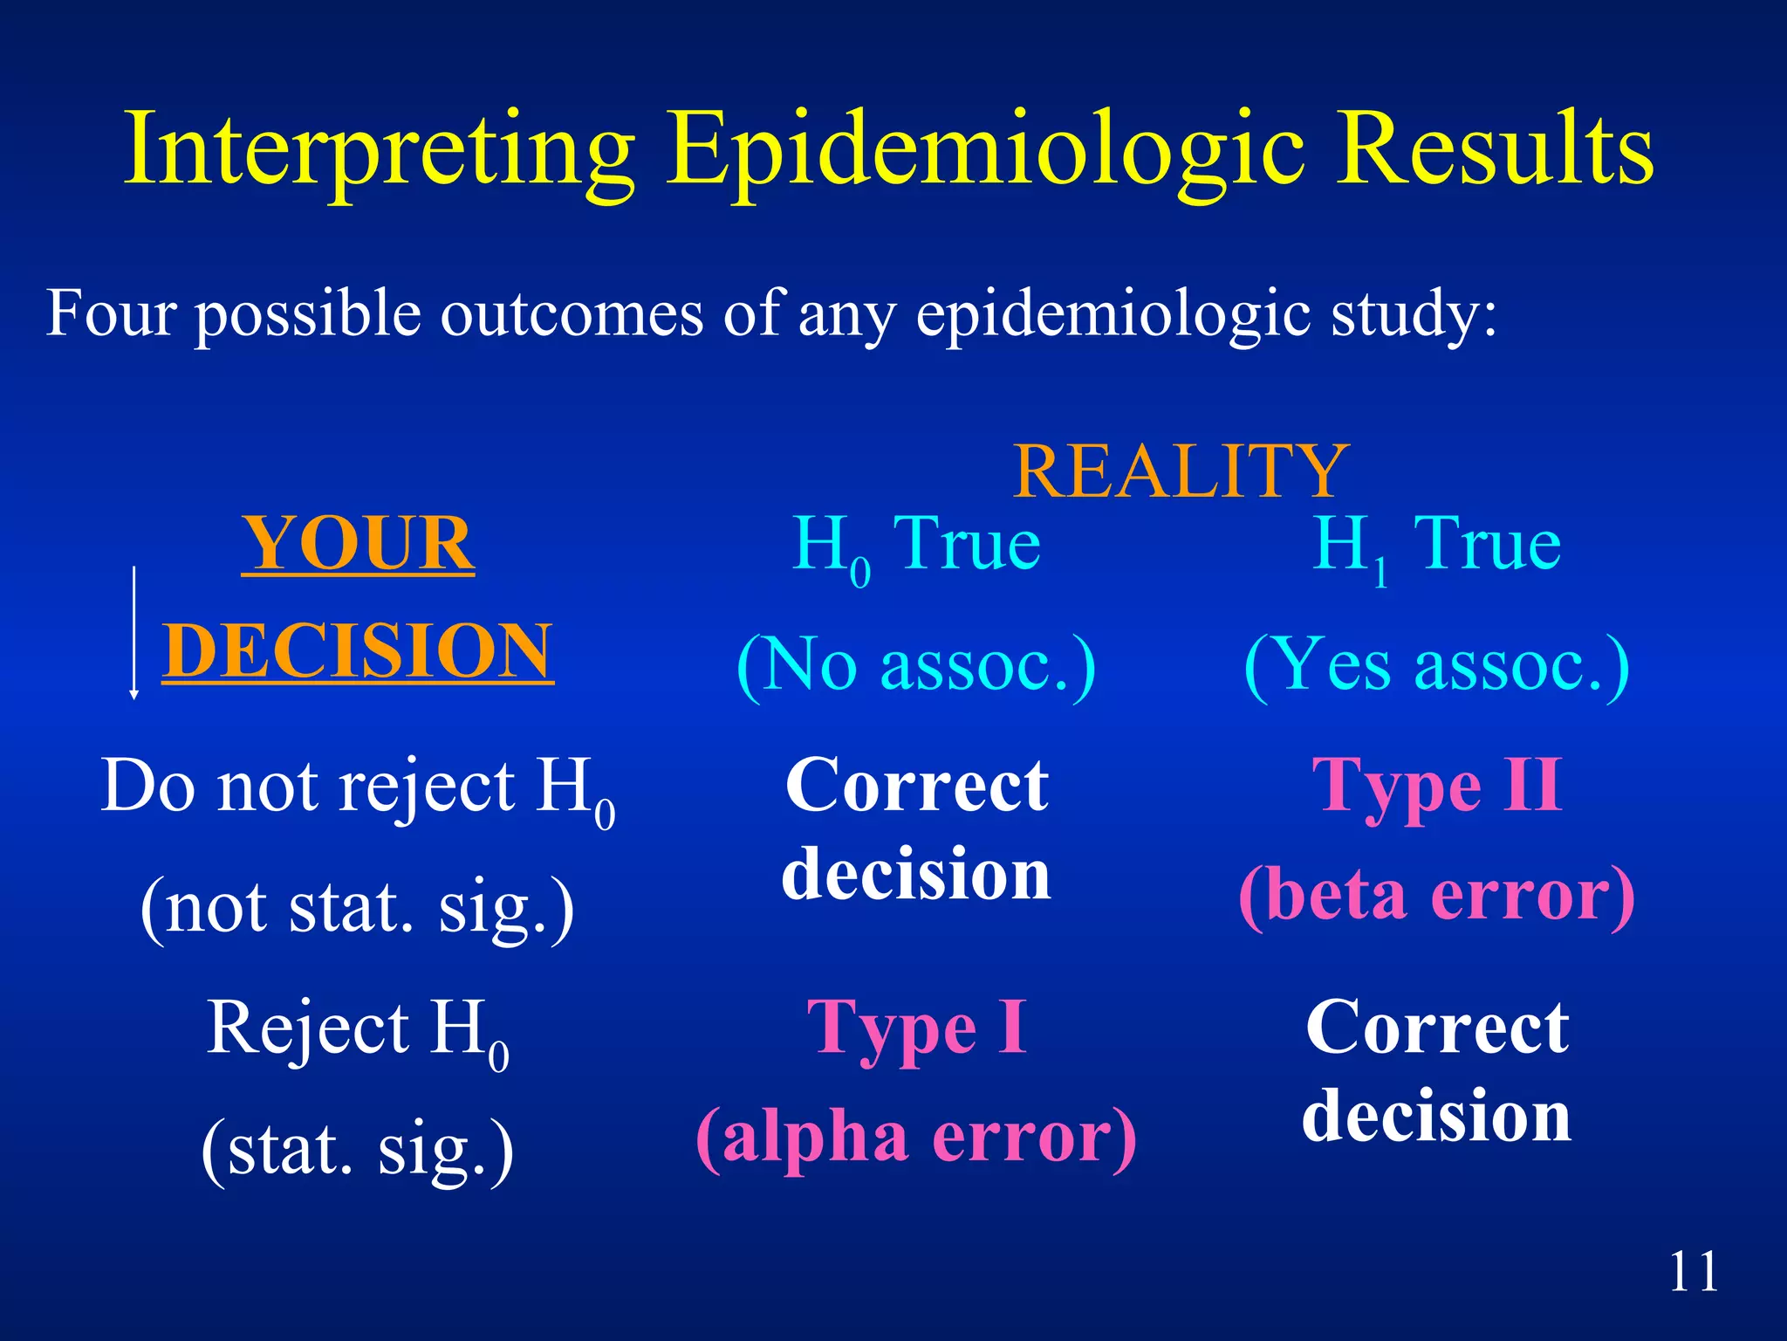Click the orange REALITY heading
(x=1181, y=471)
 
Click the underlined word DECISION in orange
(x=358, y=651)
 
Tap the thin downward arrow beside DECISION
(x=134, y=634)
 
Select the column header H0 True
(x=916, y=547)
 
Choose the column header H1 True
(x=1436, y=547)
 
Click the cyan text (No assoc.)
(x=916, y=665)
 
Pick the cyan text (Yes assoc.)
(x=1436, y=665)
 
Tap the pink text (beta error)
(x=1436, y=896)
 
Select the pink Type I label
(x=916, y=1028)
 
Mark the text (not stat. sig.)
(x=358, y=908)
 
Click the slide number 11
(x=1693, y=1271)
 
